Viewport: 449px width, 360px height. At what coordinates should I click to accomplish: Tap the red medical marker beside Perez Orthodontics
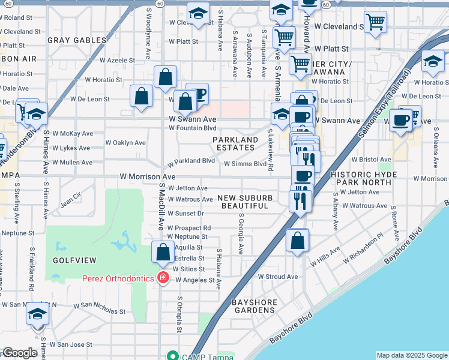tap(162, 277)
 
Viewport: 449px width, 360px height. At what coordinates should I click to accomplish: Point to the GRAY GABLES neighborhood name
tap(77, 40)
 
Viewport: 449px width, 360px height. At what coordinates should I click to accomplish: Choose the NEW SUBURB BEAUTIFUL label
tap(245, 202)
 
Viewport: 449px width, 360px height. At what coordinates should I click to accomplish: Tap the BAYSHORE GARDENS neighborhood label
tap(256, 306)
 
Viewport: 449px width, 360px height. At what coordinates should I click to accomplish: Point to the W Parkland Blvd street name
tap(191, 161)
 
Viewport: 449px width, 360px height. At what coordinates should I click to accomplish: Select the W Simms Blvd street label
tap(245, 163)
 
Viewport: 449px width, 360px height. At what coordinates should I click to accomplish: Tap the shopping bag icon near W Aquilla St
tap(163, 252)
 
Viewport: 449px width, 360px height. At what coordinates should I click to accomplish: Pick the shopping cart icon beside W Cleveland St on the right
tap(375, 23)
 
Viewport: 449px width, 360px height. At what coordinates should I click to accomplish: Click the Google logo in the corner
tap(20, 353)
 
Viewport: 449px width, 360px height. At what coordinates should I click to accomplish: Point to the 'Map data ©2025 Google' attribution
tap(411, 355)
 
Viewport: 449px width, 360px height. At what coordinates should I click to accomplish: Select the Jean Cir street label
tap(70, 198)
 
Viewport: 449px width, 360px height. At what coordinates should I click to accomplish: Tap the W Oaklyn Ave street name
tap(125, 143)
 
